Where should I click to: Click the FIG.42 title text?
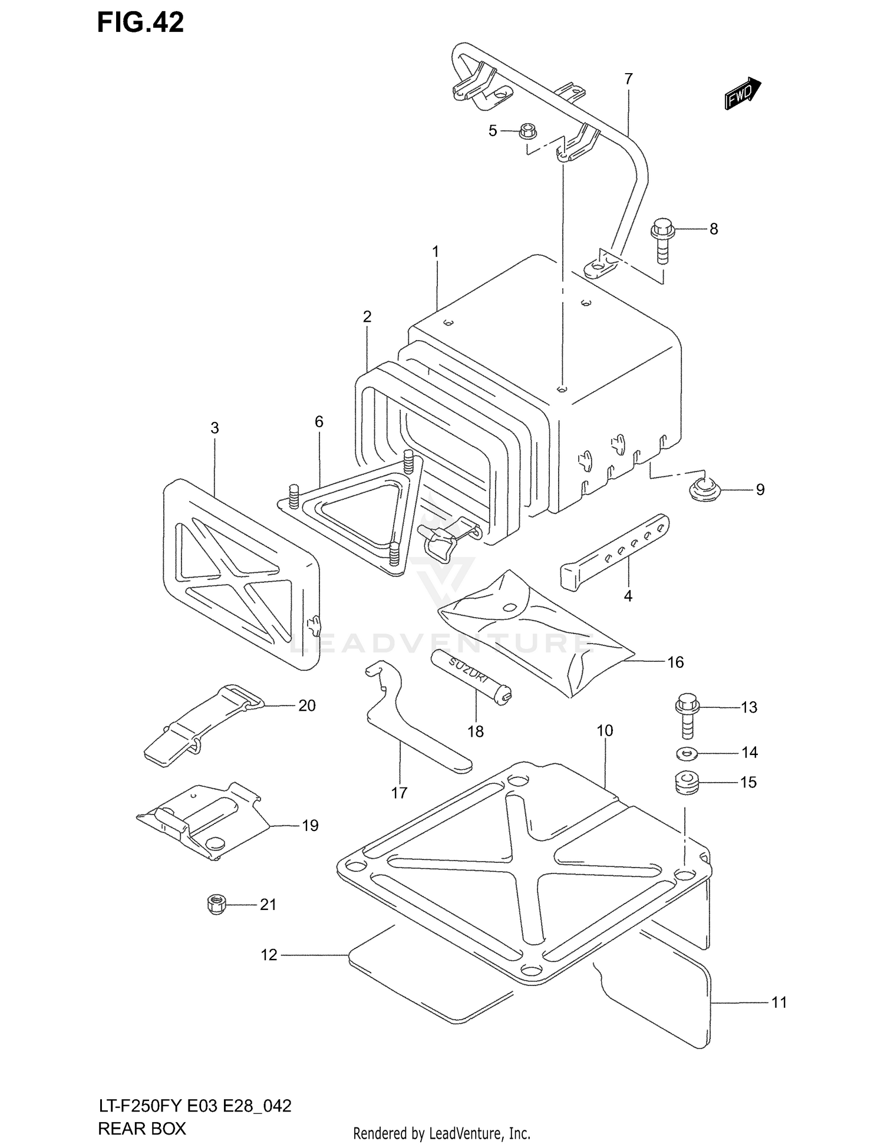(x=140, y=22)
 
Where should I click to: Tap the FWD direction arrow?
(x=742, y=93)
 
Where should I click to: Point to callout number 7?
(x=628, y=78)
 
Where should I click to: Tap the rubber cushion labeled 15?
(x=686, y=783)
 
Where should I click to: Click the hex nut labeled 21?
(x=217, y=904)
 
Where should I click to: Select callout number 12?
(x=269, y=955)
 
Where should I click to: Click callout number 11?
(x=779, y=1003)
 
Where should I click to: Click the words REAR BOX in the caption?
(x=141, y=1128)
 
